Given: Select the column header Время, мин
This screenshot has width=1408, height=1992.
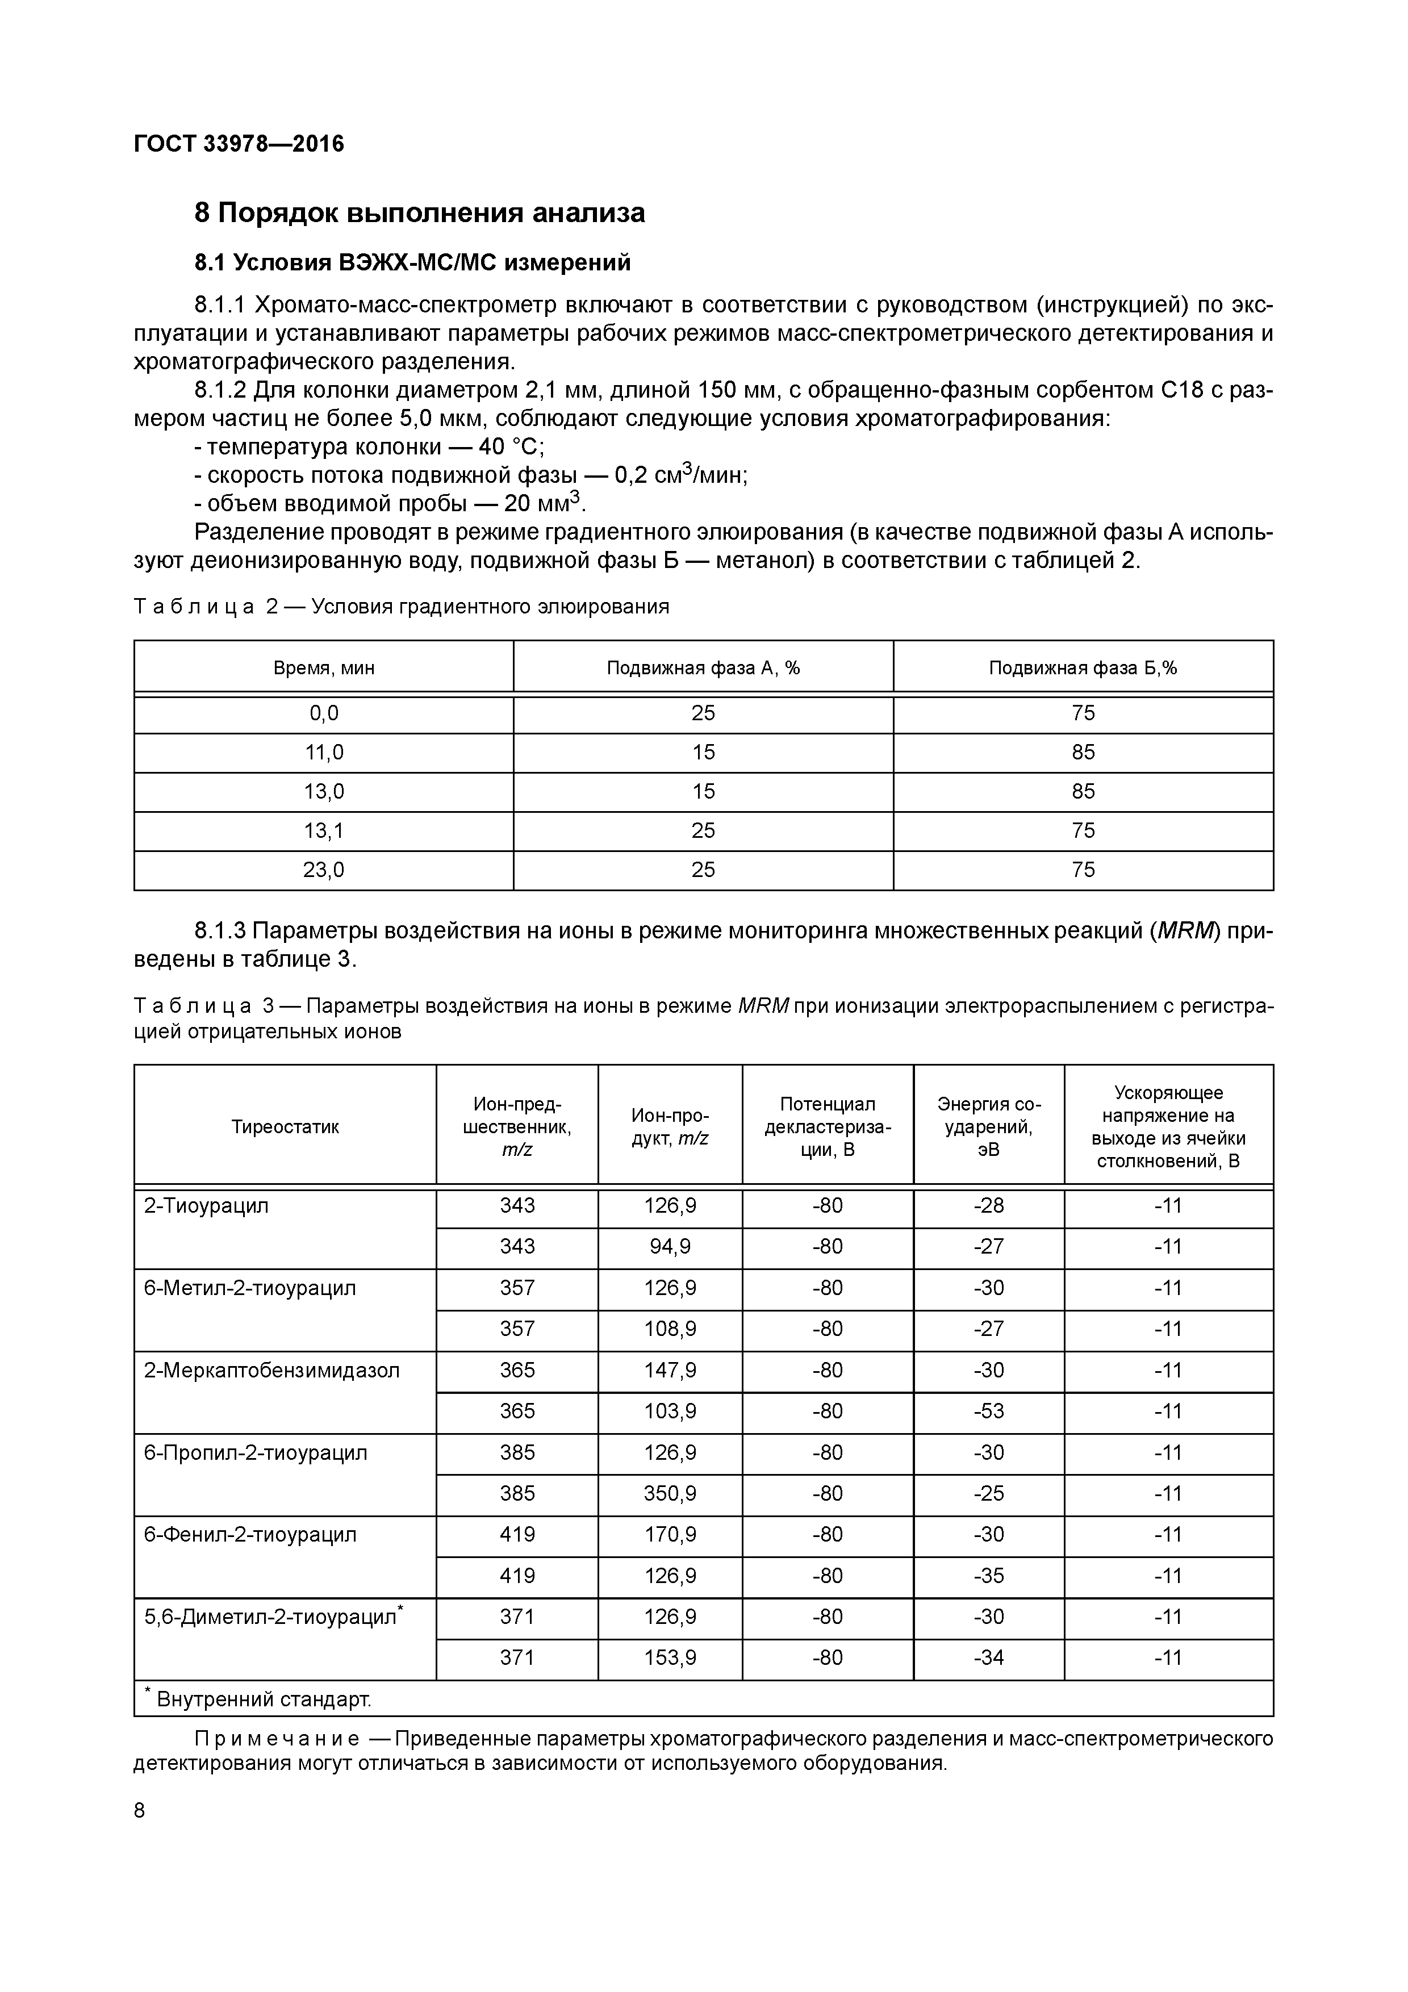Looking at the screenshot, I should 324,668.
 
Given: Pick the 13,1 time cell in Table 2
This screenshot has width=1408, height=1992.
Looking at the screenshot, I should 324,831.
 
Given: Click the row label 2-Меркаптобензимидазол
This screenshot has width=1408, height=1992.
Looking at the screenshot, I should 271,1371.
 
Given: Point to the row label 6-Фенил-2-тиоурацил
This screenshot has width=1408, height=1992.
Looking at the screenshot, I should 250,1535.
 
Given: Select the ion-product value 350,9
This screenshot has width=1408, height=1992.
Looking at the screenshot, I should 670,1494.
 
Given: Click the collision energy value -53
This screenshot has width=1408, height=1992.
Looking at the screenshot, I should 988,1411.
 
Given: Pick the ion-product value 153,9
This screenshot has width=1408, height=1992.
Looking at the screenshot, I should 670,1658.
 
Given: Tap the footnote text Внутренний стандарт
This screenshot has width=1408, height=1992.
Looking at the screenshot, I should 263,1699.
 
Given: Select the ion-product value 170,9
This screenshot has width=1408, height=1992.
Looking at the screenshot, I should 670,1535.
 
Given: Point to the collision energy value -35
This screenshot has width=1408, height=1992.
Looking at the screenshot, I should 988,1576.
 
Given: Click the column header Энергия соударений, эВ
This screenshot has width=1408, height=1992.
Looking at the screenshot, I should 988,1126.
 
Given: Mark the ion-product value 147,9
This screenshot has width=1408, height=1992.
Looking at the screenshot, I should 670,1371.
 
